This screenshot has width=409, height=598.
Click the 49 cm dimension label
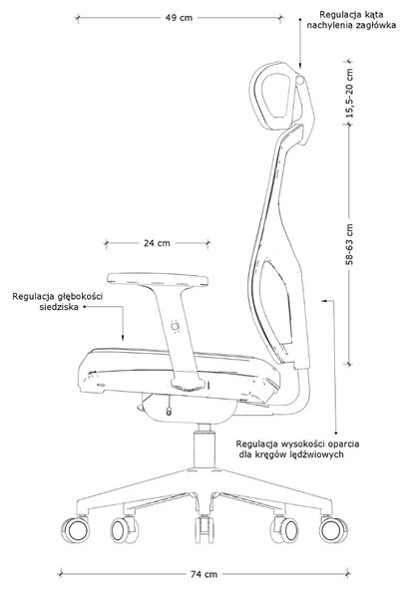coord(179,18)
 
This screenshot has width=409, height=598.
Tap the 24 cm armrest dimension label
coord(157,243)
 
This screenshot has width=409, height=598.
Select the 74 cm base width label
coord(204,574)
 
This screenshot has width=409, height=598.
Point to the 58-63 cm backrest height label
coord(350,244)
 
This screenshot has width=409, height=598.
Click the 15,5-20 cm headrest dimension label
coord(350,93)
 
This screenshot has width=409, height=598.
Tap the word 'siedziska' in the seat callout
coord(59,307)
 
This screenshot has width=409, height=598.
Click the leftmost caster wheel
coord(75,530)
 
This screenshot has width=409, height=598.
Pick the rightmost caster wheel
coord(334,530)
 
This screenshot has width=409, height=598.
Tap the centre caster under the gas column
coord(204,529)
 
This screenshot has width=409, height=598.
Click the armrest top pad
coord(158,279)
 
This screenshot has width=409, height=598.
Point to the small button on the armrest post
coord(176,327)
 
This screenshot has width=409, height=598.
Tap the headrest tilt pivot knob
coord(301,80)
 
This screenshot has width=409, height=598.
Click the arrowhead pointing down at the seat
coord(123,337)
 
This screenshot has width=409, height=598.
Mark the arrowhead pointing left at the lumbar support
coord(324,301)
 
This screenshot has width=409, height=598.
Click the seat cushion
coord(179,370)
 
